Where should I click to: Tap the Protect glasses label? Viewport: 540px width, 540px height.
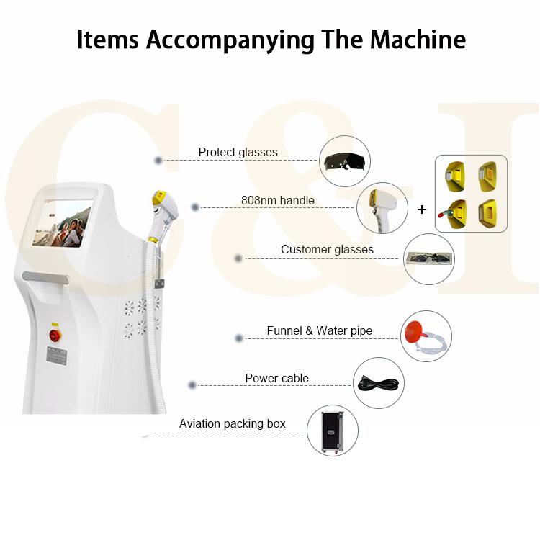point(238,153)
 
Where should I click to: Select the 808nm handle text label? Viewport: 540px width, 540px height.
point(277,200)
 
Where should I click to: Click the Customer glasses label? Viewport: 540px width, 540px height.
point(327,250)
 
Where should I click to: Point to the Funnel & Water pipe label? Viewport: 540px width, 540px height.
point(319,331)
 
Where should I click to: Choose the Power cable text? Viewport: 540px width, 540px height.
point(276,378)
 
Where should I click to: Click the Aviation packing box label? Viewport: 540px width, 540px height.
point(232,423)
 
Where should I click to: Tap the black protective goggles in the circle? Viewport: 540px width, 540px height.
point(343,161)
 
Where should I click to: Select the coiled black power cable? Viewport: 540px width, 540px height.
point(379,384)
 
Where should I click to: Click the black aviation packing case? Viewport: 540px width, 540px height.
point(332,431)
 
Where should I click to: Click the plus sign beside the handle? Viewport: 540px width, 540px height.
point(422,210)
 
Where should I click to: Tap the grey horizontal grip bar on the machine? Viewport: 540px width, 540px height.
point(46,276)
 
